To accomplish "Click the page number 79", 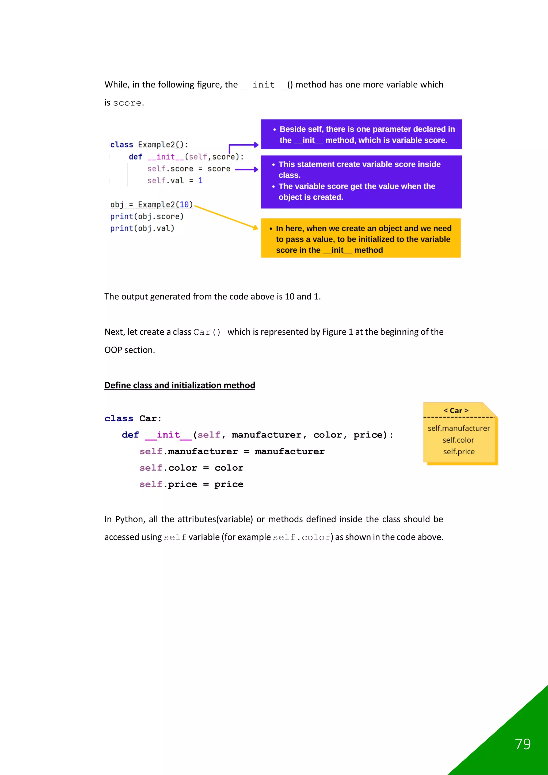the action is (523, 744).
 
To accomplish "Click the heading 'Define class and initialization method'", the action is (180, 385).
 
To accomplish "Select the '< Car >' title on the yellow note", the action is (456, 410).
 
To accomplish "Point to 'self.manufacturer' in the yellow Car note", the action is (459, 428).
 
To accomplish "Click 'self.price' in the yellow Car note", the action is (459, 452).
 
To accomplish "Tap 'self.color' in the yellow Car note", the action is (458, 440).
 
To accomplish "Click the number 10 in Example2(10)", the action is (184, 205).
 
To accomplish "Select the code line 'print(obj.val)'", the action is (142, 229).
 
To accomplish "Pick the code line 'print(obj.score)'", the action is (147, 216).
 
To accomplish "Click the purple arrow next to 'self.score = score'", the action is (246, 169).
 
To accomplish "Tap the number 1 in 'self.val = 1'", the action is (200, 181).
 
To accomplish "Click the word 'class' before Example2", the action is (121, 145).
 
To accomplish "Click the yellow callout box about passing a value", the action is (361, 238).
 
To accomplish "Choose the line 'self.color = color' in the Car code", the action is (191, 468).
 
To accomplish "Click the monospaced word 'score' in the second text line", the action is (127, 103).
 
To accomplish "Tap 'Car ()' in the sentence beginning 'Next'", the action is (207, 332).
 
